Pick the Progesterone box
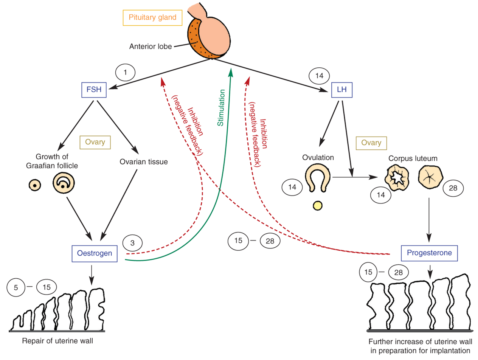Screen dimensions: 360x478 (x=429, y=253)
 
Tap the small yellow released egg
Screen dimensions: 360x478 (x=318, y=206)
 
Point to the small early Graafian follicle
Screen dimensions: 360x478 (x=35, y=185)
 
